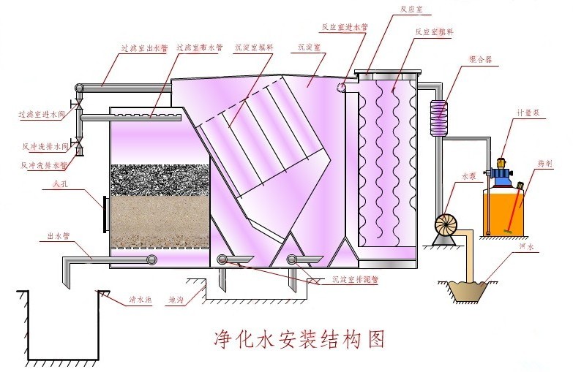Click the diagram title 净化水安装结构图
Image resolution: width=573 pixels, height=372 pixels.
298,338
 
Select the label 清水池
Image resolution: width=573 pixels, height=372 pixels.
138,299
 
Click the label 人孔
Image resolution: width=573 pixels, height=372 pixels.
49,186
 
